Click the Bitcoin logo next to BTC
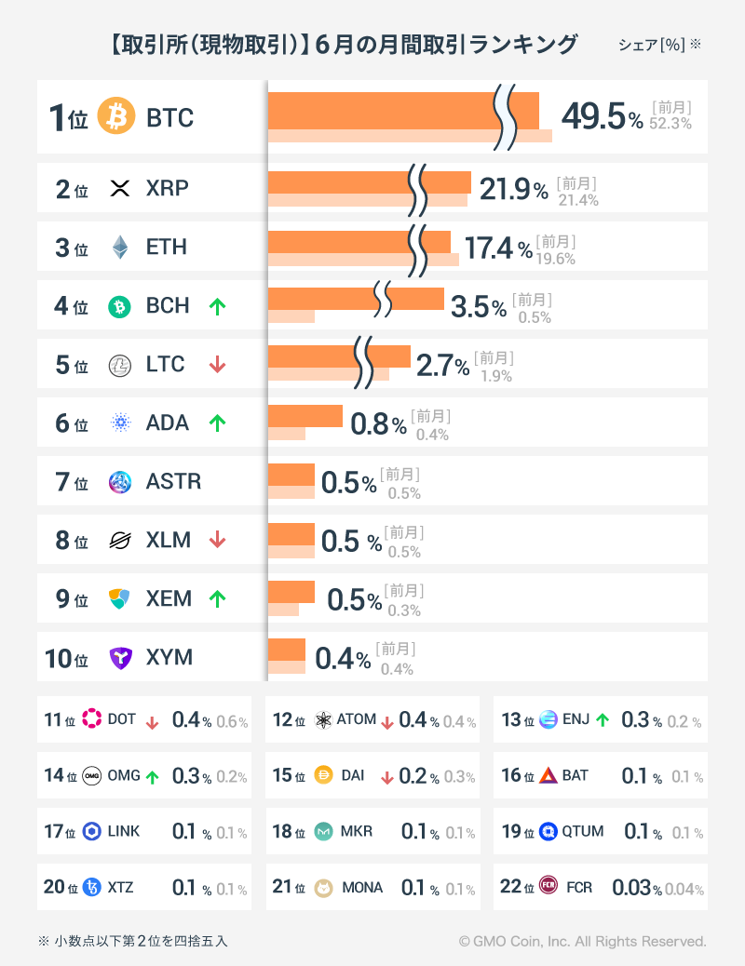tap(116, 117)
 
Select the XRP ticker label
tap(168, 189)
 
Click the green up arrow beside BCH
tap(217, 306)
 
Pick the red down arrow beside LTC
tap(217, 365)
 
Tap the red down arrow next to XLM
tap(217, 541)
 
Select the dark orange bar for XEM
tap(291, 592)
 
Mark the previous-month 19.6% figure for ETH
tap(557, 260)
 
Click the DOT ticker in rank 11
tap(122, 719)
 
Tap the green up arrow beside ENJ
tap(603, 719)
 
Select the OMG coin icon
tap(92, 775)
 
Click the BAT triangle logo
tap(548, 775)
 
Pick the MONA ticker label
tap(362, 887)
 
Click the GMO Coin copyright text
tap(582, 942)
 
